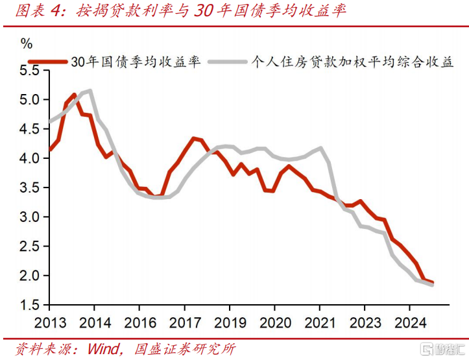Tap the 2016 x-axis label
coord(139,322)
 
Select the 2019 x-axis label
coord(230,322)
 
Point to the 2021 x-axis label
coord(319,322)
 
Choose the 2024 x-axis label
coord(409,322)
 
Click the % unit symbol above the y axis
coord(27,44)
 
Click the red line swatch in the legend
coord(52,61)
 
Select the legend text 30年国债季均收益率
coord(136,61)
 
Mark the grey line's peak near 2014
coord(90,91)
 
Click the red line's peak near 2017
coord(193,138)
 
